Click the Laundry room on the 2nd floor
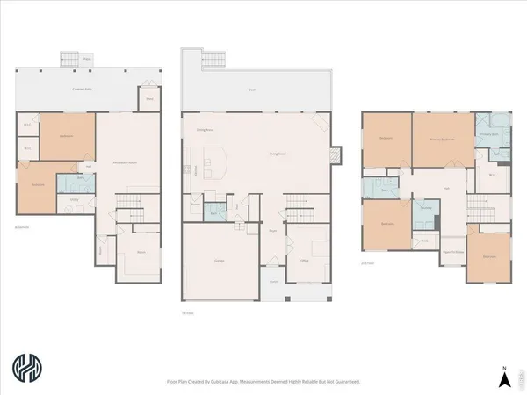click(x=425, y=207)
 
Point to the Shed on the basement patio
click(x=150, y=99)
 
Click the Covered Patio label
click(x=84, y=90)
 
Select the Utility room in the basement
click(x=73, y=199)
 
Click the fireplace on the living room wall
click(x=335, y=156)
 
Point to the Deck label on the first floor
click(x=252, y=90)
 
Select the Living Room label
click(x=280, y=155)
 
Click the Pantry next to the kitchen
click(x=193, y=207)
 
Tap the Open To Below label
click(x=454, y=249)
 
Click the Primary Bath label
click(x=489, y=136)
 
